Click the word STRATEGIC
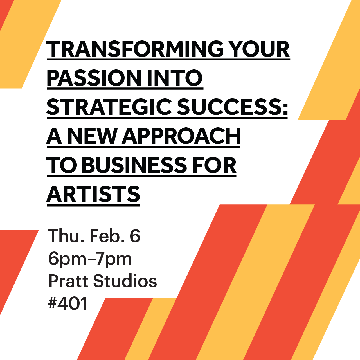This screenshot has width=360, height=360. (x=109, y=107)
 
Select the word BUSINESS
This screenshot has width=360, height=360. (x=134, y=165)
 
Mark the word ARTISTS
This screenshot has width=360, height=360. (x=93, y=194)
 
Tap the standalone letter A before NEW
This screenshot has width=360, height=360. (x=54, y=136)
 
